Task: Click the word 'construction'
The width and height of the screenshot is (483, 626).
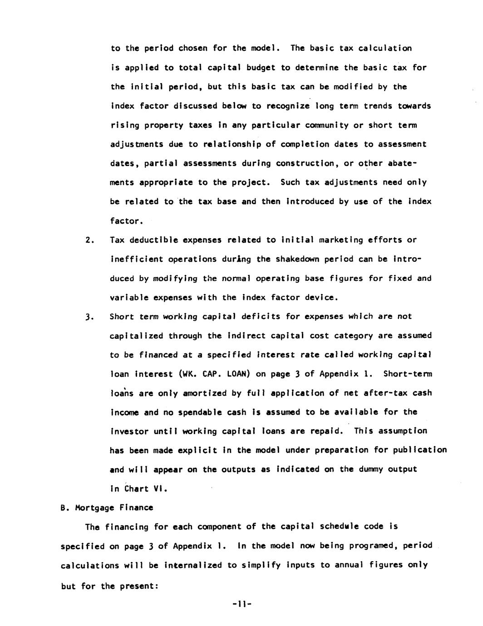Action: pos(307,163)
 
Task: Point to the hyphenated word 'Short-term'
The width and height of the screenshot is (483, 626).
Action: pos(408,374)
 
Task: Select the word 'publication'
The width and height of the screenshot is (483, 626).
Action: pos(420,450)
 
